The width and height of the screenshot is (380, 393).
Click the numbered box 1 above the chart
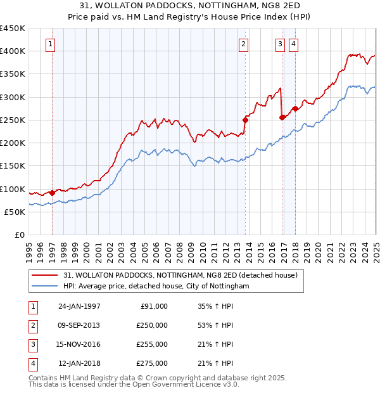pos(50,44)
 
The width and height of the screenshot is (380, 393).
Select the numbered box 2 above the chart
pos(243,44)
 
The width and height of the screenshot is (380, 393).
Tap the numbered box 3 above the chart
pos(280,44)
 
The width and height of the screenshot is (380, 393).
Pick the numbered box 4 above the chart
pos(294,44)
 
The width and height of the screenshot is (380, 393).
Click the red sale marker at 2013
pos(245,119)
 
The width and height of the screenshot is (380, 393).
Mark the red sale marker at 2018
pos(295,108)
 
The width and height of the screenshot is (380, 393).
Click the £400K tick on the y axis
pos(13,51)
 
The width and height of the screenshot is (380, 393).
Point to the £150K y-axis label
pos(13,166)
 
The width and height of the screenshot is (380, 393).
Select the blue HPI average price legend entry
pos(156,287)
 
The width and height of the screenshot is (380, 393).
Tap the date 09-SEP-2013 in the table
pos(79,325)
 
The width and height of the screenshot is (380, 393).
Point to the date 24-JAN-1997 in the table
pos(79,306)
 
